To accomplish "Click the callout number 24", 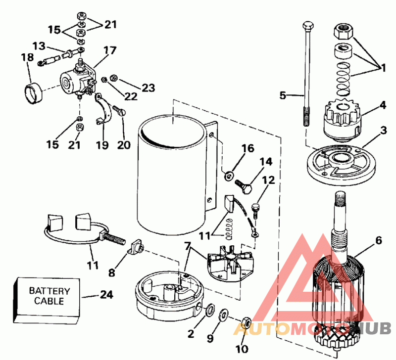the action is tap(106, 295).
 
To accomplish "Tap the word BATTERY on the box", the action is tap(49, 291).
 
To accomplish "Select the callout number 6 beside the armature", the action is tap(379, 241).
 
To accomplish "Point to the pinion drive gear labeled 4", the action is tap(342, 119).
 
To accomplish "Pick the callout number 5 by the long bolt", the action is tap(283, 95).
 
